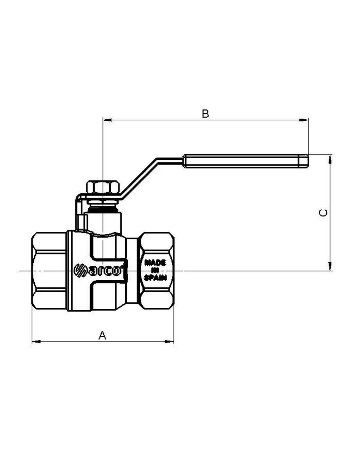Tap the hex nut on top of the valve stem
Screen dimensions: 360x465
coord(103,187)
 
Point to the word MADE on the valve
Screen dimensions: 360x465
coord(155,262)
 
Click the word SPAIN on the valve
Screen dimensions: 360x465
coord(155,278)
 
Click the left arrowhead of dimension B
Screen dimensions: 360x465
coord(107,120)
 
